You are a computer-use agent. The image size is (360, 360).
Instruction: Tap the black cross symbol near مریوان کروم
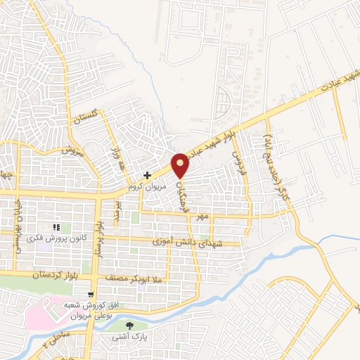(146, 175)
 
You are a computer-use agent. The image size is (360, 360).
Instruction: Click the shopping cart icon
(91, 295)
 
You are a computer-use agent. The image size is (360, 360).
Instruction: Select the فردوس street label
(239, 150)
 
